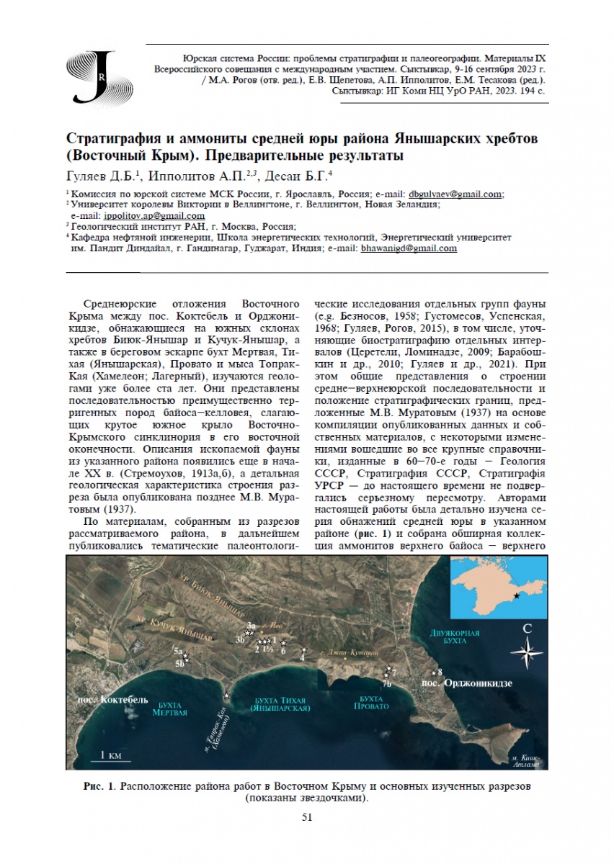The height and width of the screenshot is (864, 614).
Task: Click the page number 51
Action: click(306, 816)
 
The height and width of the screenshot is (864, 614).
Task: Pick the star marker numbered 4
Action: click(303, 650)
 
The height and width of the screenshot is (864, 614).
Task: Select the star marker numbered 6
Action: click(283, 643)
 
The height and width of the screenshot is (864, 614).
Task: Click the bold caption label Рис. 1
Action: click(96, 785)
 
